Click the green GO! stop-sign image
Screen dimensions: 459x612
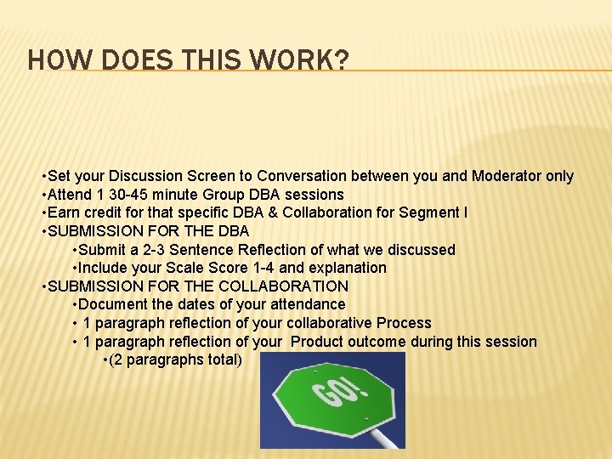click(332, 399)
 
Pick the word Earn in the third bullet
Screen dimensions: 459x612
click(64, 212)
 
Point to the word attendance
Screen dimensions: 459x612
click(307, 304)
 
